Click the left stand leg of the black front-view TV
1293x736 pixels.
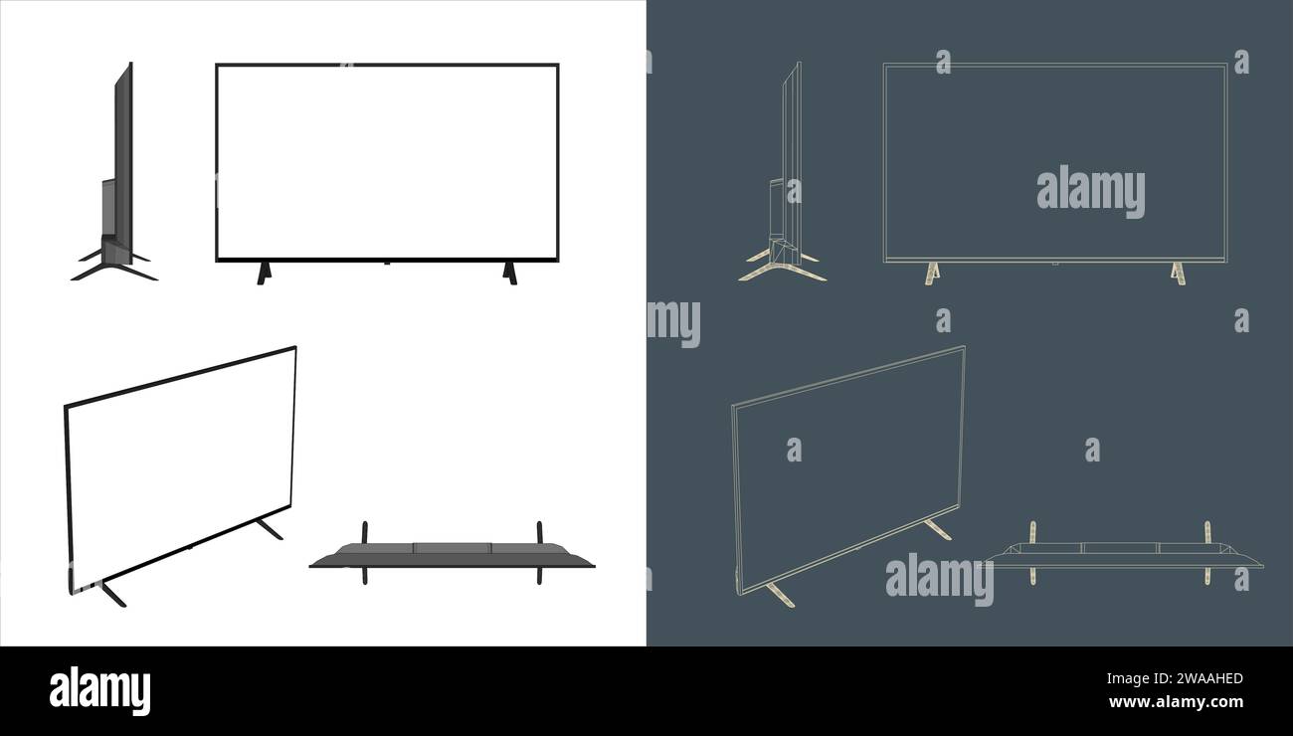point(263,273)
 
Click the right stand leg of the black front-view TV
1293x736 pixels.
point(510,273)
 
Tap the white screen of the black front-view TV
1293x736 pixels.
point(387,161)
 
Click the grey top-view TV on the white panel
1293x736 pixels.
point(452,556)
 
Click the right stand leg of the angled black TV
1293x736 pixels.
point(269,529)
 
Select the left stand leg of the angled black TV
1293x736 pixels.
point(112,594)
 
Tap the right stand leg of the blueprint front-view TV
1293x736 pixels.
point(1179,274)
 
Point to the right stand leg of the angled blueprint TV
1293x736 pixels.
point(937,530)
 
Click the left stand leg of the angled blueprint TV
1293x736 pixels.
point(780,594)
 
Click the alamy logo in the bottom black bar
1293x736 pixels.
point(99,690)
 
